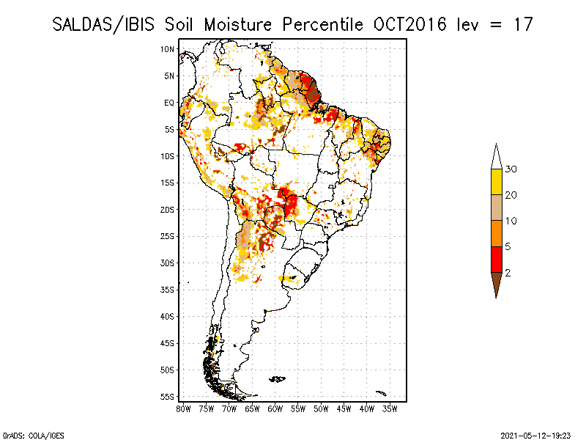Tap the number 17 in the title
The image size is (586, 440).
[x=522, y=24]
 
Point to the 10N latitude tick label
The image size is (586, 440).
[x=168, y=49]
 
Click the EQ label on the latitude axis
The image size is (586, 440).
[x=169, y=103]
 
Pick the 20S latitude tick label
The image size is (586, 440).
[x=168, y=210]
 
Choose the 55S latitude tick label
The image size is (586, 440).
[x=168, y=397]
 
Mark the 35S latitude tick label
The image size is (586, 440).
[x=168, y=290]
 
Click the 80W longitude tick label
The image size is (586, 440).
[x=183, y=408]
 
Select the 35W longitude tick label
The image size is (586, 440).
[x=390, y=408]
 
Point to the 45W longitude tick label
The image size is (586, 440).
[x=344, y=408]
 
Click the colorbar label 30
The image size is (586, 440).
[x=511, y=169]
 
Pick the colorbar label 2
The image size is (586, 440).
[x=508, y=273]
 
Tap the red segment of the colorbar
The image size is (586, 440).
[x=497, y=260]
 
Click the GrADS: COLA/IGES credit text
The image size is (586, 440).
[x=25, y=434]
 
